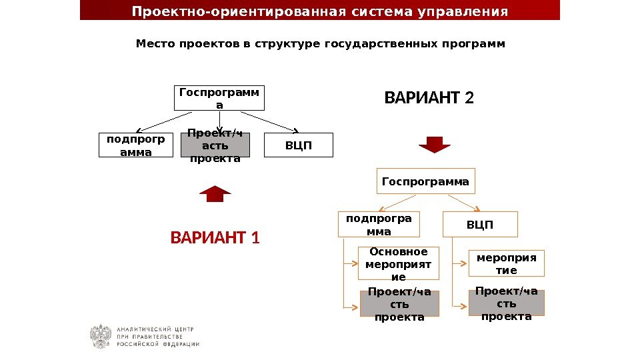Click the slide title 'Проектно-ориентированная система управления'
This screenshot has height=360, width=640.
pos(320,11)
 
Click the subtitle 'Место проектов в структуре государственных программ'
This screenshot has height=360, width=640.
pos(320,44)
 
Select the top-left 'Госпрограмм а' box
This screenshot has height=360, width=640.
pos(220,98)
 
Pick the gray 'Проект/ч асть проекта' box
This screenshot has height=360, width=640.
pos(215,145)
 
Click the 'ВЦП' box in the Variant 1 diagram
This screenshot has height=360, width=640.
pos(299,145)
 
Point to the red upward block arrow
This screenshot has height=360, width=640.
pos(215,193)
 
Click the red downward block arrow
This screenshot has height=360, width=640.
pos(435,144)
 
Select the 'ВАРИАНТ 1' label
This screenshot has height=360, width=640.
pos(215,237)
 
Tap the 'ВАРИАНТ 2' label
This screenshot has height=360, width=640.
pos(429,99)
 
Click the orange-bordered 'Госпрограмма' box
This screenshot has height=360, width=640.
pos(425,181)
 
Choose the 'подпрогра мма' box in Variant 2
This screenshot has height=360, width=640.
pos(379,225)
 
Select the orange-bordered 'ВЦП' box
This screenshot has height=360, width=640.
pos(480,225)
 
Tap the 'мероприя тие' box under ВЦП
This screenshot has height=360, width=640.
pos(506,263)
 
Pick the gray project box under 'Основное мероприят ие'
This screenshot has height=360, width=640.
pos(399,303)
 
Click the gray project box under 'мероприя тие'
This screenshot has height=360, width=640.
pos(506,303)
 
